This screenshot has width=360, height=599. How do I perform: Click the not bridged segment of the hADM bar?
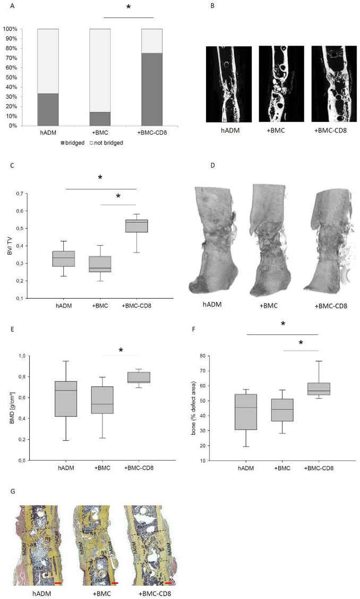[x=48, y=61]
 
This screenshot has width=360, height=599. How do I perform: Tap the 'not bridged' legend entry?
[x=108, y=143]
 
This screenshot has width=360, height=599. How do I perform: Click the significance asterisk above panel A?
[x=128, y=8]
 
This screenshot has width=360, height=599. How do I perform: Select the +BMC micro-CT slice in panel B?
[x=281, y=83]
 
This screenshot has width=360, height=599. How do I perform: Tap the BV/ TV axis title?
[x=10, y=241]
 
